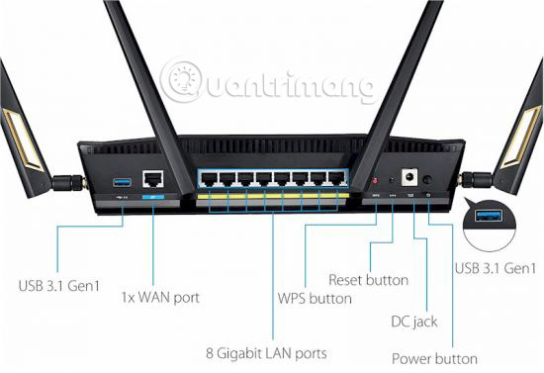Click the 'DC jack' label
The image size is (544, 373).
click(413, 322)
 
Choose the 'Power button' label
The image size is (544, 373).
click(434, 358)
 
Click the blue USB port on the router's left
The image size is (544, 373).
click(122, 182)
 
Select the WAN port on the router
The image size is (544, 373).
click(153, 180)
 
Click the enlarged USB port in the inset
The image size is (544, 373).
click(494, 217)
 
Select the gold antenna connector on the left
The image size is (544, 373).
click(72, 183)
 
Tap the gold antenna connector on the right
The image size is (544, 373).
click(476, 182)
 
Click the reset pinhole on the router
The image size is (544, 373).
click(393, 181)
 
